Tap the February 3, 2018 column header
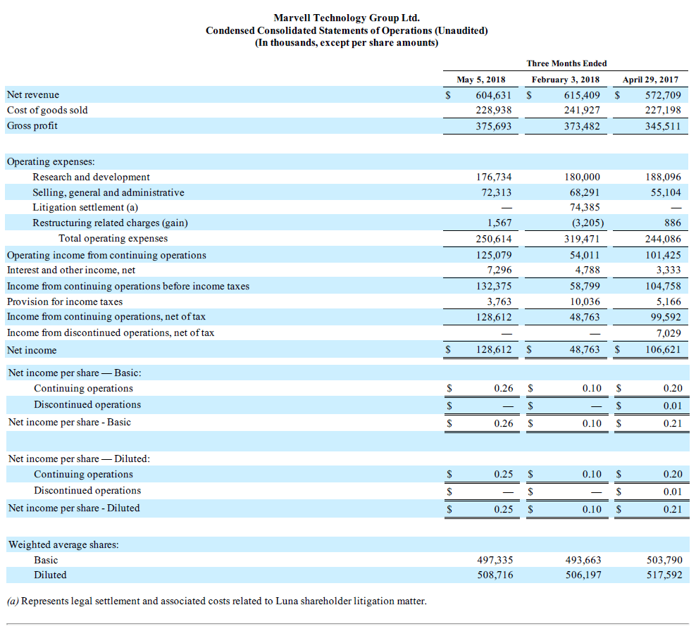pyautogui.click(x=566, y=80)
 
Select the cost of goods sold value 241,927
pyautogui.click(x=582, y=110)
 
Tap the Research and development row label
pyautogui.click(x=91, y=177)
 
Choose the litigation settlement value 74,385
pyautogui.click(x=584, y=208)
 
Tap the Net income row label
pyautogui.click(x=32, y=350)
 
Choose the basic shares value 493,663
pyautogui.click(x=583, y=560)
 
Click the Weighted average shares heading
pyautogui.click(x=63, y=544)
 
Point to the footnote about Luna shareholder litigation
pyautogui.click(x=216, y=601)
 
